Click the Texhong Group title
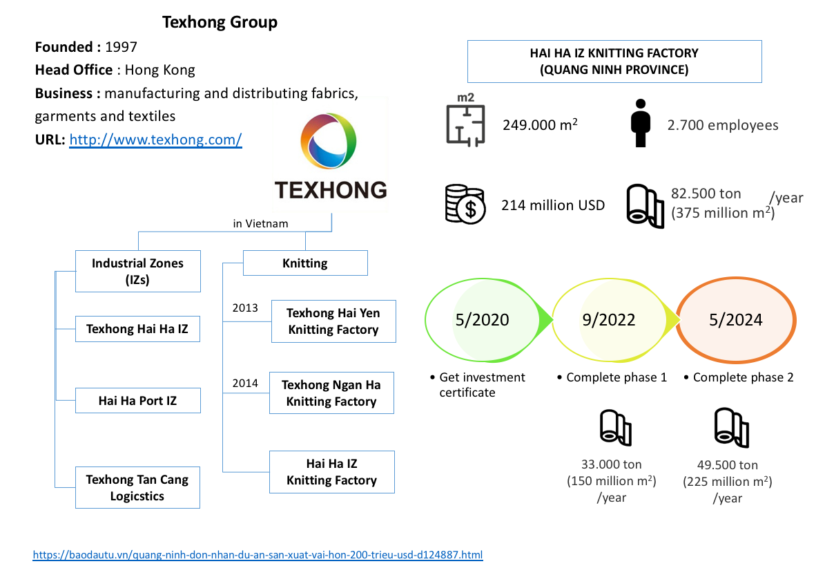tap(220, 22)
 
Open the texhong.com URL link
tap(155, 140)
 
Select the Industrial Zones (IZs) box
tap(137, 271)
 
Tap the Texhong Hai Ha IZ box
tap(137, 329)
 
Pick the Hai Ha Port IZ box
tap(137, 400)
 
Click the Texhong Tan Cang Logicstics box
tap(137, 487)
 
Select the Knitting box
tap(305, 263)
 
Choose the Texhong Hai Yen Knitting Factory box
tap(333, 321)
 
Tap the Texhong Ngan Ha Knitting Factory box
tap(331, 393)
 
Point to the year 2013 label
tap(245, 308)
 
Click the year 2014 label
tap(245, 383)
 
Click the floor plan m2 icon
tap(465, 120)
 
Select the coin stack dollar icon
tap(465, 205)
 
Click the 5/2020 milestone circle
tap(483, 319)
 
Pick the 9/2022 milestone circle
tap(609, 319)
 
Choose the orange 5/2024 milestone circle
tap(735, 319)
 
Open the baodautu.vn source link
tap(258, 555)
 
